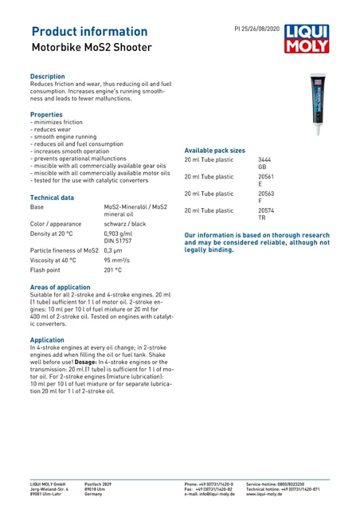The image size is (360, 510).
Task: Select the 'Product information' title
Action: point(88,31)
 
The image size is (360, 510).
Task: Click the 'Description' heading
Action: point(47,76)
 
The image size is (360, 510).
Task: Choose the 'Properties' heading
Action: point(45,115)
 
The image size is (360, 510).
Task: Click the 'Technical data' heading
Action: point(52,197)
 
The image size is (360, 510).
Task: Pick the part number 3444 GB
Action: point(265,163)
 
